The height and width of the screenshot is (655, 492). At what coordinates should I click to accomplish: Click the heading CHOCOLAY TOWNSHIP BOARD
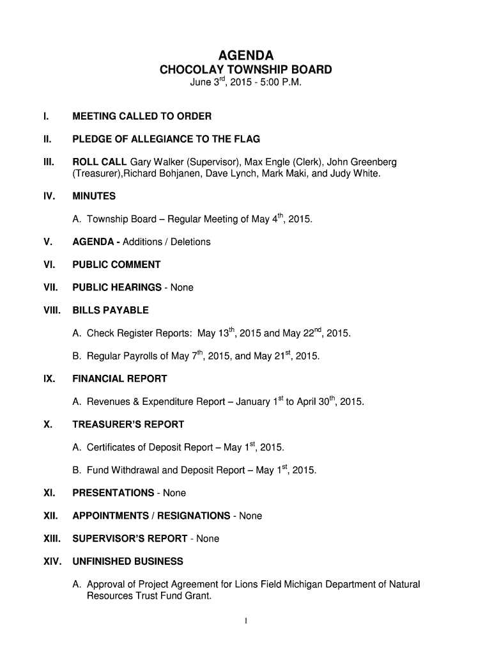pyautogui.click(x=246, y=70)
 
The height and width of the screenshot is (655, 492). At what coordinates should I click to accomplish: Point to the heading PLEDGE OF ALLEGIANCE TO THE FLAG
pyautogui.click(x=166, y=139)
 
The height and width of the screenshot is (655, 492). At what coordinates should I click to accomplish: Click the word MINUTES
pyautogui.click(x=94, y=196)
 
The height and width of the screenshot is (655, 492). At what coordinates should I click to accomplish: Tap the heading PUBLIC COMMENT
pyautogui.click(x=116, y=265)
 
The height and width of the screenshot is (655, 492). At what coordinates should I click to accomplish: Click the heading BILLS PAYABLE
pyautogui.click(x=111, y=310)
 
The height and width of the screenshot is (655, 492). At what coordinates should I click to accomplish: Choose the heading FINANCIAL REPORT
pyautogui.click(x=119, y=379)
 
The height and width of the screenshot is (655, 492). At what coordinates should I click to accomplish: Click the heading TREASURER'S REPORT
pyautogui.click(x=128, y=424)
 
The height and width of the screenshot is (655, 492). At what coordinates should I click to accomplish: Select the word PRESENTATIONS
pyautogui.click(x=113, y=493)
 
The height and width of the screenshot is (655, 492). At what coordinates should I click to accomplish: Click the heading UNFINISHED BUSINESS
pyautogui.click(x=128, y=562)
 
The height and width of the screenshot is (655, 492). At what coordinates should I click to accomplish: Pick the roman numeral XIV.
pyautogui.click(x=52, y=562)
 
